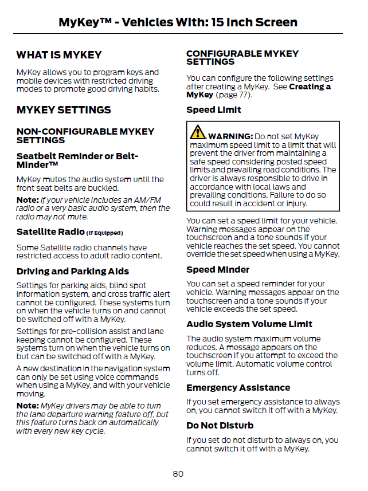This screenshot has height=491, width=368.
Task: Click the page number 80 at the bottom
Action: point(178,474)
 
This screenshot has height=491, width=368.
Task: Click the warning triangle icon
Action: point(198,132)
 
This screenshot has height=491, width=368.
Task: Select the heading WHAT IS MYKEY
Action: point(59,55)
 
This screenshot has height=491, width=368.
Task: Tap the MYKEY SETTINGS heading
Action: point(64,110)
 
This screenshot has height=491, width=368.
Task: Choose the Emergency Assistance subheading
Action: point(238,388)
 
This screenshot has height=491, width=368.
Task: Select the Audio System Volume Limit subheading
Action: point(249,324)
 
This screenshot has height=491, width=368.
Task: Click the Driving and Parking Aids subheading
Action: point(73,272)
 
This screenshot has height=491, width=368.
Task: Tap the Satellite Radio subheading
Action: point(50,232)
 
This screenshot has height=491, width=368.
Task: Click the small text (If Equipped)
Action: point(104,233)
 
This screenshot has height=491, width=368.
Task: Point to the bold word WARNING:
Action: point(230,136)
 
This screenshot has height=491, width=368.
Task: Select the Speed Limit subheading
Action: point(214,110)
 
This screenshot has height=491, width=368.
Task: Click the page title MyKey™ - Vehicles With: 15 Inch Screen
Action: point(178,22)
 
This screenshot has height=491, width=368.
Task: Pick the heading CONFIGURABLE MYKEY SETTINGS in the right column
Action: point(242,58)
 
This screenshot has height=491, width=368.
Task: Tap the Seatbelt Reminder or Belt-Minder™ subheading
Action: point(77,160)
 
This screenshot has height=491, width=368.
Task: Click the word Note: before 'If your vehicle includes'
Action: point(27,200)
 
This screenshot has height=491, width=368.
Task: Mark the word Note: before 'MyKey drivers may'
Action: point(27,406)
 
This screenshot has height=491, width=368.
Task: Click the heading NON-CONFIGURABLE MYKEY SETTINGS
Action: point(85,136)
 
